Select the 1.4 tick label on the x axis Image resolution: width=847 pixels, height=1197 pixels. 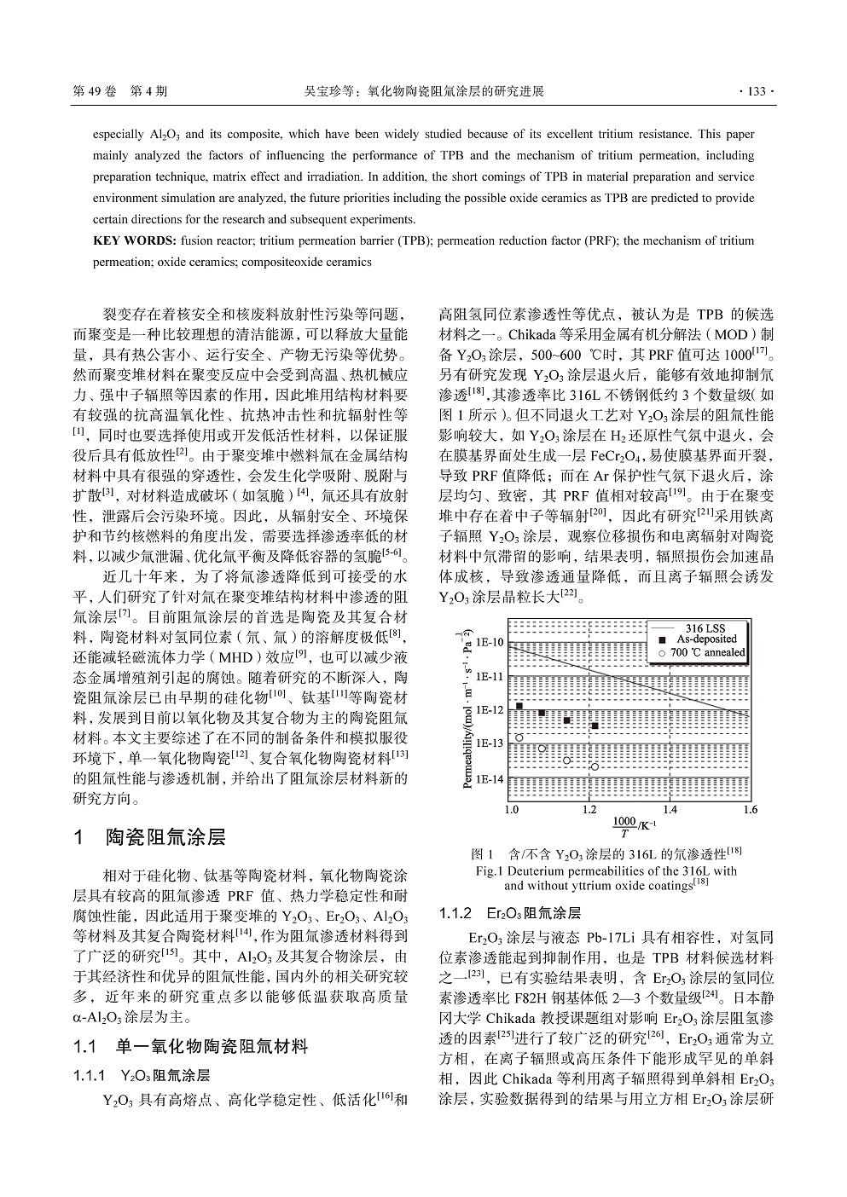(670, 809)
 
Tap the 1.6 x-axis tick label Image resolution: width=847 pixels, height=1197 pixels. (750, 809)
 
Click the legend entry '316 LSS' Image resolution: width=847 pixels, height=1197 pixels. (706, 628)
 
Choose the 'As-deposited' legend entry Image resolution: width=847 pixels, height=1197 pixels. (706, 639)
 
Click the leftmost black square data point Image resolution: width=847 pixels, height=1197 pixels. (519, 706)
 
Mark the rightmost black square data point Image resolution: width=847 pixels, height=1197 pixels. (595, 726)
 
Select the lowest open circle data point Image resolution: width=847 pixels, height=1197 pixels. (595, 766)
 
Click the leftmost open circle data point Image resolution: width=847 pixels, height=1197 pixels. (519, 737)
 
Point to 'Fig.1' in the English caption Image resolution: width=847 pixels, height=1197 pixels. (490, 871)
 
